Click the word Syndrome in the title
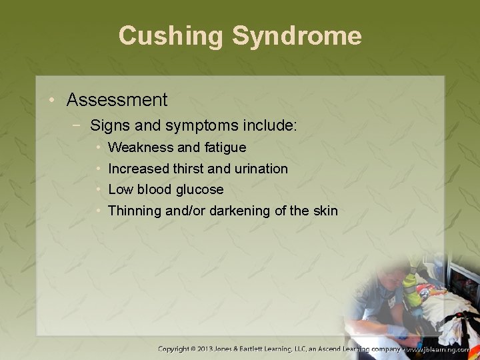[297, 35]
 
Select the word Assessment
[117, 100]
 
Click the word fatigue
[224, 147]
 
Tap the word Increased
[139, 169]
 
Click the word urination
[261, 169]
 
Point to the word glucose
[199, 190]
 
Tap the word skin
[325, 211]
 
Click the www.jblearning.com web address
[439, 349]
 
